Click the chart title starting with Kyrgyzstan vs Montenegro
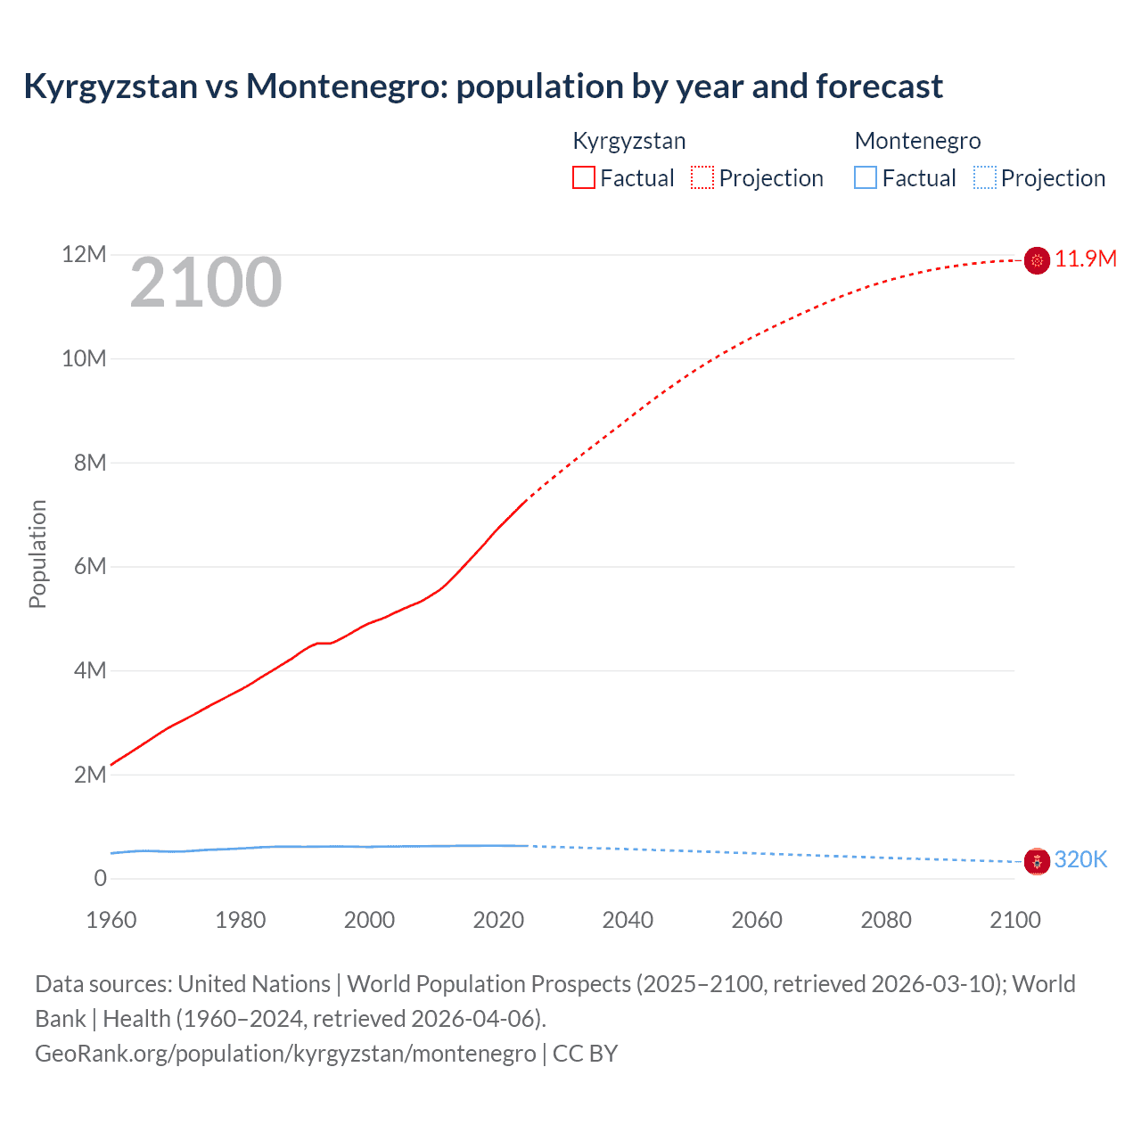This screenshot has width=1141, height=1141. pos(482,86)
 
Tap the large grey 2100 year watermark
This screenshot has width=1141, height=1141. pos(206,283)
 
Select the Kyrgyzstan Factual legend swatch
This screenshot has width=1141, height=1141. pos(583,177)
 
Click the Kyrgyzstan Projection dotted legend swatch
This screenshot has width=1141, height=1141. pos(702,177)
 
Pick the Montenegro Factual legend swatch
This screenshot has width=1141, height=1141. pos(865,177)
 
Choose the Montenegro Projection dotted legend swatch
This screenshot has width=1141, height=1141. pos(984,177)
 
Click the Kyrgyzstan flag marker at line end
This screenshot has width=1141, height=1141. pos(1037,260)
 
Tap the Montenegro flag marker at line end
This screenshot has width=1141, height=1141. pos(1037,861)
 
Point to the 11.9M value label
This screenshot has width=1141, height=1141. pos(1085,259)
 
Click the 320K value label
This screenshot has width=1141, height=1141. pos(1080,860)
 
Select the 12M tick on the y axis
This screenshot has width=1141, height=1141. pos(84,255)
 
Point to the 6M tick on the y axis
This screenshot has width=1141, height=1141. pos(90,567)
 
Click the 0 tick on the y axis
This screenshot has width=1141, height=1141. pos(100,879)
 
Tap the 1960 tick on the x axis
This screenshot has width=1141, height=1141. pos(111,920)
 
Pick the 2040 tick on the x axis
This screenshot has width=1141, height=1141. pos(628,920)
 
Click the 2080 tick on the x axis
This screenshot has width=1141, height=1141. pos(886,920)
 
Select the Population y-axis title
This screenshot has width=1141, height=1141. pos(37,554)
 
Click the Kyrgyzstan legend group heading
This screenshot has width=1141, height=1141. pos(628,141)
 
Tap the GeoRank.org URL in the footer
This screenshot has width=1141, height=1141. pos(285,1054)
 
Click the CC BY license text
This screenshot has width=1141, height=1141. pos(585,1054)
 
